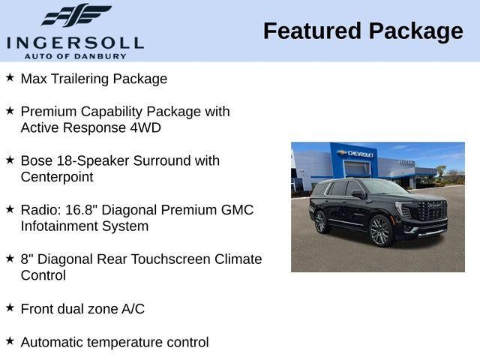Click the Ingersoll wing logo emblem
coord(76,16)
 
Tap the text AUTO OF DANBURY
coord(75,55)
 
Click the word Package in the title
coord(415,31)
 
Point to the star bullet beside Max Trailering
coord(10,77)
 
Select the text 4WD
coord(145,127)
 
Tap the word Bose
coord(37,160)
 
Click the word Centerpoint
coord(57,177)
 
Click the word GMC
coord(234,210)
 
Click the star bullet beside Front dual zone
coord(10,307)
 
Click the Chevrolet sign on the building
coord(357,154)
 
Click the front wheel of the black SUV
coord(379,231)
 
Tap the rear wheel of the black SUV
coord(321,222)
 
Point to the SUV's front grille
coord(431,211)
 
